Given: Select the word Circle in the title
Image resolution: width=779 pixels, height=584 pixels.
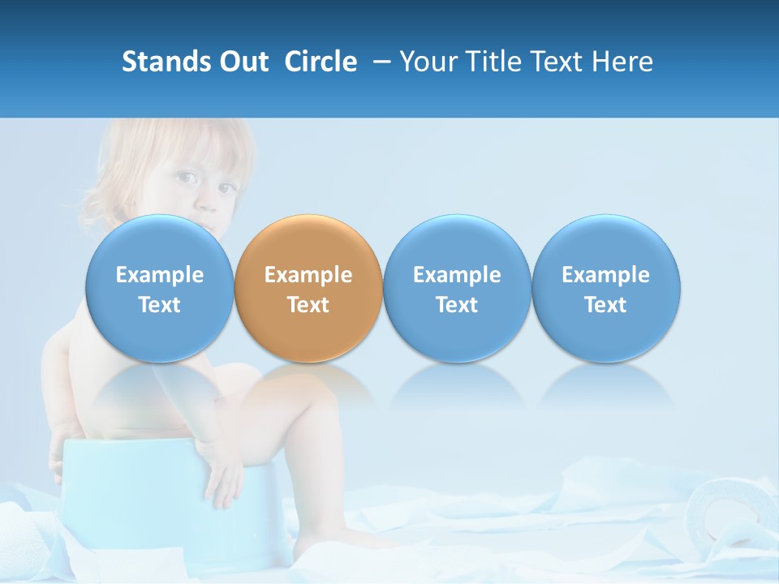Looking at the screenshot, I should coord(321,62).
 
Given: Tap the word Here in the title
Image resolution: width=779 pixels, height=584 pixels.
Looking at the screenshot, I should coord(622,62).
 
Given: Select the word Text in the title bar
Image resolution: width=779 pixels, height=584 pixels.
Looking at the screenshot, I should coord(557,62).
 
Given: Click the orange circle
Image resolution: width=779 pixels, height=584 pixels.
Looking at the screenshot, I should coord(308,243).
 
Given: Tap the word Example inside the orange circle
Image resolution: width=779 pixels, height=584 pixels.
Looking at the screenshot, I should coord(308,275).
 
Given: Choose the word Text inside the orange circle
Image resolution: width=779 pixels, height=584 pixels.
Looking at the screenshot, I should coord(308,305).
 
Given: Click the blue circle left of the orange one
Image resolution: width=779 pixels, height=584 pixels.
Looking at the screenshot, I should coord(159,243).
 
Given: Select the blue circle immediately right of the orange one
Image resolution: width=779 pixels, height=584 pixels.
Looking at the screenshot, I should coord(457,243).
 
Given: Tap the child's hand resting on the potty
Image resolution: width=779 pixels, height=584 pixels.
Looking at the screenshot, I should coord(222,483).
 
